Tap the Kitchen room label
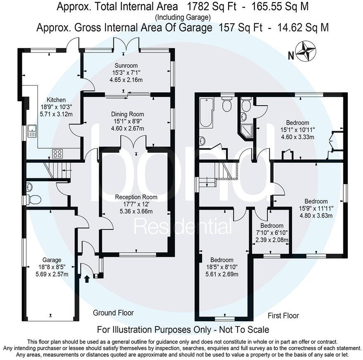56,100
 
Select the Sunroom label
126,66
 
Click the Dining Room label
127,114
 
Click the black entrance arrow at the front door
87,279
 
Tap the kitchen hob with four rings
58,154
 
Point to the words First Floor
284,316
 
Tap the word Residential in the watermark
184,227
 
